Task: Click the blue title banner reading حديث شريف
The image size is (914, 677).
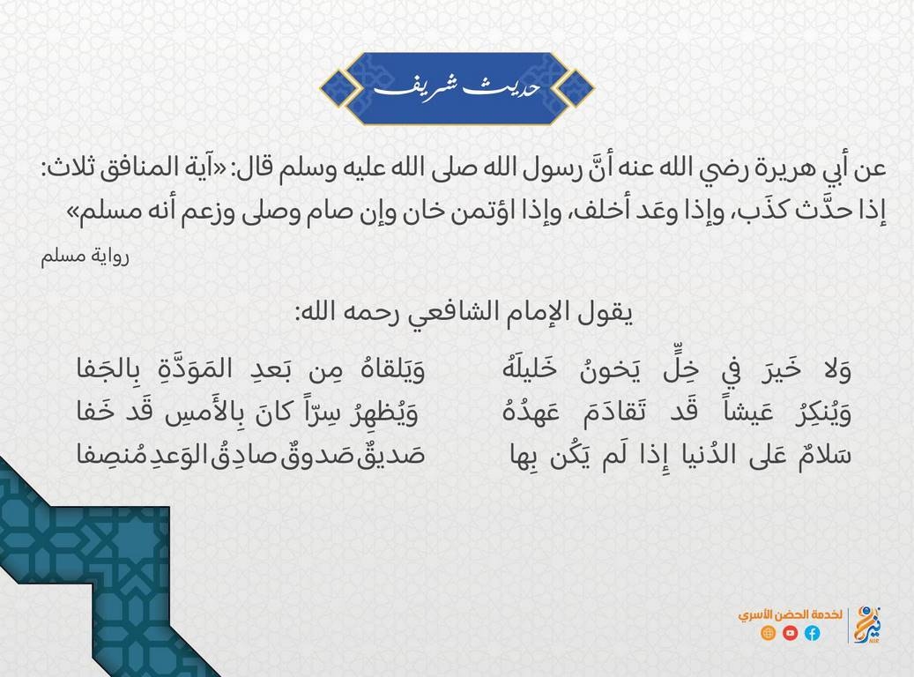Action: [457, 89]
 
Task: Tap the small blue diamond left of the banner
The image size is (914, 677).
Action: [339, 89]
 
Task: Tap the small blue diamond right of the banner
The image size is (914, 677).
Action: [574, 89]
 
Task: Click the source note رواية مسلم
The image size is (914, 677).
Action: [85, 256]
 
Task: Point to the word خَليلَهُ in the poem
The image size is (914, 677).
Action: [530, 369]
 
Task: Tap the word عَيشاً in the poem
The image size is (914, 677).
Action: [748, 413]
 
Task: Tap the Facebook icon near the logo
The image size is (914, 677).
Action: [812, 633]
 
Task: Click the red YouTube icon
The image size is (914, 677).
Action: [790, 633]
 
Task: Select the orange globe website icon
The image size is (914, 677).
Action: [769, 633]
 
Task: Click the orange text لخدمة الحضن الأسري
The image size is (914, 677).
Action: [790, 614]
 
